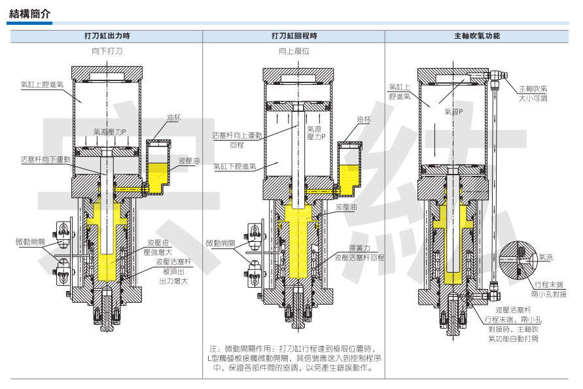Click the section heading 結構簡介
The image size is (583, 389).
[x=30, y=13]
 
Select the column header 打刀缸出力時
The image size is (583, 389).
[x=107, y=36]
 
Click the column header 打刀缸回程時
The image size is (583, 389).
[x=294, y=36]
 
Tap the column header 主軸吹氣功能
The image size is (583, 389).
[x=476, y=36]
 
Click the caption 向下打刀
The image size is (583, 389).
[x=107, y=50]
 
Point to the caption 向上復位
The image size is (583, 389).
[x=294, y=50]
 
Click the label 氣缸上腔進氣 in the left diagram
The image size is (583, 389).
[x=42, y=84]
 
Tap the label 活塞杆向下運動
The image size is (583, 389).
[x=45, y=159]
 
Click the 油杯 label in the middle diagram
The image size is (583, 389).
[x=364, y=120]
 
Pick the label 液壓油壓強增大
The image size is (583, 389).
[x=158, y=246]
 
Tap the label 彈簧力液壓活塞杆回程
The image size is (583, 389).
[x=359, y=253]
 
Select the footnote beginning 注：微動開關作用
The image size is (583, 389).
[x=294, y=358]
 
